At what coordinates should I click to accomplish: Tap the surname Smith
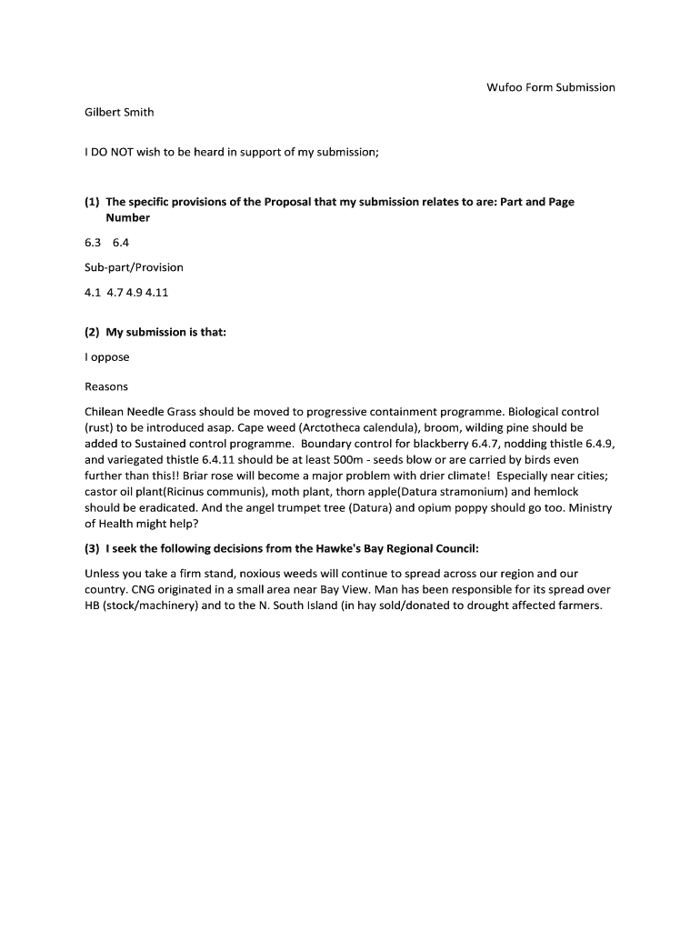tap(136, 112)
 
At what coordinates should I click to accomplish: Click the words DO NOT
tap(114, 152)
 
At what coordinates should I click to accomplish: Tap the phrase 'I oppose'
tap(107, 357)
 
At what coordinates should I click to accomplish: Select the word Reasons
tap(106, 386)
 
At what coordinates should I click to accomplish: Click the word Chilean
tap(106, 412)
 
